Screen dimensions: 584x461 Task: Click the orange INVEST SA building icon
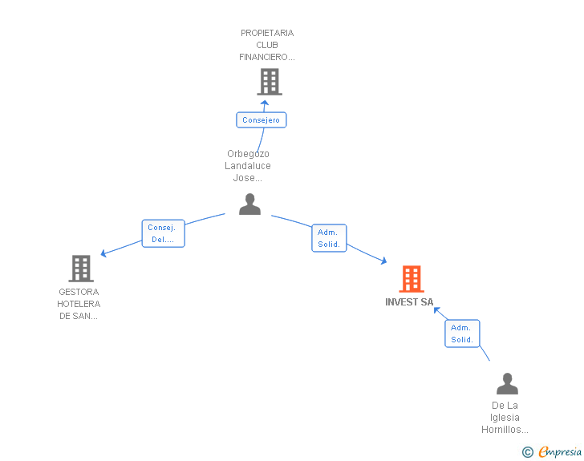(412, 278)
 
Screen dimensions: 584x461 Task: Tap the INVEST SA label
(409, 302)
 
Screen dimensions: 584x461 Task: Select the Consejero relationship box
(261, 120)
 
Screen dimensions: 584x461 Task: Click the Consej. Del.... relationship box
(163, 233)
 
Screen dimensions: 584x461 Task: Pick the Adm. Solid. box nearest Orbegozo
(329, 238)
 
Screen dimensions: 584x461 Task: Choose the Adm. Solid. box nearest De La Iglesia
(462, 334)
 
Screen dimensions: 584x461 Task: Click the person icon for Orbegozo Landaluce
(249, 204)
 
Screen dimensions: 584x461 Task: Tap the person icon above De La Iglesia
(507, 383)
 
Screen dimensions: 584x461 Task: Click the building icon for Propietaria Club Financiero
(270, 82)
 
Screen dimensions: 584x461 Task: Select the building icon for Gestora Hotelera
(81, 269)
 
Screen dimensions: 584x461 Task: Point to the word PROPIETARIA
(267, 33)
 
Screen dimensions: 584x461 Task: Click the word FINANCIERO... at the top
(267, 57)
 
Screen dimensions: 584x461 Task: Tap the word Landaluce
(248, 166)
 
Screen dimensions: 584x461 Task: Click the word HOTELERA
(79, 304)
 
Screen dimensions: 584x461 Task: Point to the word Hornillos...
(505, 430)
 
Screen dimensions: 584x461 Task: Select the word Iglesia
(505, 418)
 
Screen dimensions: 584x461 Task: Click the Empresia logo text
(560, 451)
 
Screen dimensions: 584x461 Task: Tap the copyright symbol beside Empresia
(528, 452)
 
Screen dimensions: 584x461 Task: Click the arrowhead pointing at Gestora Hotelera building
(104, 253)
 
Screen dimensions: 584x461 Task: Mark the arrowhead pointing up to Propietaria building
(265, 103)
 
